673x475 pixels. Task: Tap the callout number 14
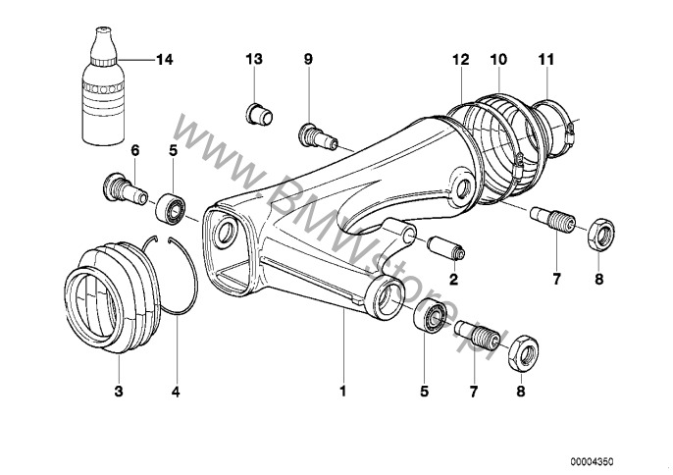click(x=164, y=60)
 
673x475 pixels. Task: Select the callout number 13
click(x=254, y=60)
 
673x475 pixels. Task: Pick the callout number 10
click(x=498, y=60)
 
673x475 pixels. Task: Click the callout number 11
click(x=545, y=60)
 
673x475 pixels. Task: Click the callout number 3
click(x=118, y=391)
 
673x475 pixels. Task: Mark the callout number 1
click(x=342, y=391)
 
